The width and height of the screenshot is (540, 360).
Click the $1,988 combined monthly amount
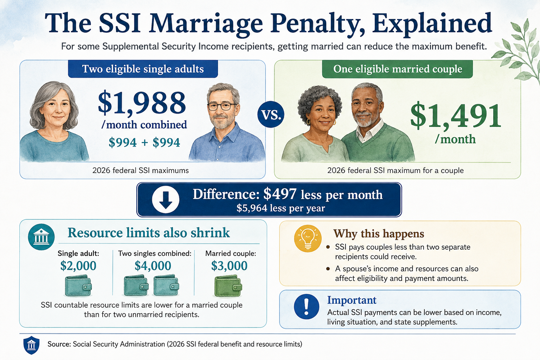point(142,103)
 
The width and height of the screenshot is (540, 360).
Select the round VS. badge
point(271,114)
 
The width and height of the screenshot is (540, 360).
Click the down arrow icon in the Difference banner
point(166,199)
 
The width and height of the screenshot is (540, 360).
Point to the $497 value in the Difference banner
point(280,194)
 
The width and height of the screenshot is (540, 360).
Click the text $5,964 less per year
point(281,208)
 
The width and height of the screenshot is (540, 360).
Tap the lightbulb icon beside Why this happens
point(308,238)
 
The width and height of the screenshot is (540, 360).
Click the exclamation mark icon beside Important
point(307,307)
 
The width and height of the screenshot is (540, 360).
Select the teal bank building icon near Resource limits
point(41,237)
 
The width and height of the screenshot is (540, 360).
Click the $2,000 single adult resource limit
point(78,266)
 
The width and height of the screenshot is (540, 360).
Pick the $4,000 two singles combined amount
point(153,266)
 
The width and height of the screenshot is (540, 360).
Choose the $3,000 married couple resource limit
point(229,266)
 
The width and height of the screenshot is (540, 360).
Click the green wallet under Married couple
point(228,286)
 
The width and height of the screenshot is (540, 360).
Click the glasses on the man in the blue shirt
point(222,106)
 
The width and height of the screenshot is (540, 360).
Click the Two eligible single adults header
point(143,69)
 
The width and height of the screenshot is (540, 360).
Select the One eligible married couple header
point(398,69)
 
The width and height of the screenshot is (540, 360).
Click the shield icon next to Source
point(31,345)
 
